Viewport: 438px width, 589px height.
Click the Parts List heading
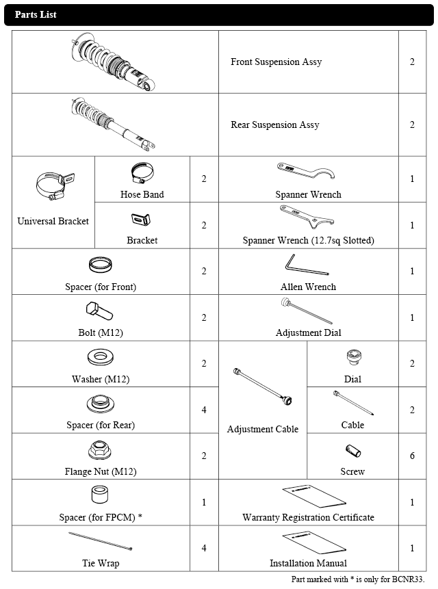point(36,14)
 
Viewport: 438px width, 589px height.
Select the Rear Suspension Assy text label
point(274,125)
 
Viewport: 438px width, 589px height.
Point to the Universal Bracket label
point(53,221)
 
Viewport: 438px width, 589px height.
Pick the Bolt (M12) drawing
point(100,313)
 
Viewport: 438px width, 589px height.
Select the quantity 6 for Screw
point(412,456)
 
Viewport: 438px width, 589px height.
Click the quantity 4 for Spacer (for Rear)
point(204,410)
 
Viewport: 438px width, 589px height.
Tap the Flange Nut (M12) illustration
point(101,451)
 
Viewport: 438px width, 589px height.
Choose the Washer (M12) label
point(101,379)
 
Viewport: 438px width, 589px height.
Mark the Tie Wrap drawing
point(100,543)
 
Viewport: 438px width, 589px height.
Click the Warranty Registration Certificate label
point(308,517)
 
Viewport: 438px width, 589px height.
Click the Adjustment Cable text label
point(263,430)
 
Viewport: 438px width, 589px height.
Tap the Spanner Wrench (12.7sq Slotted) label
point(308,241)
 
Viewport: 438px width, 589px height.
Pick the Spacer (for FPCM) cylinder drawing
point(101,494)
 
